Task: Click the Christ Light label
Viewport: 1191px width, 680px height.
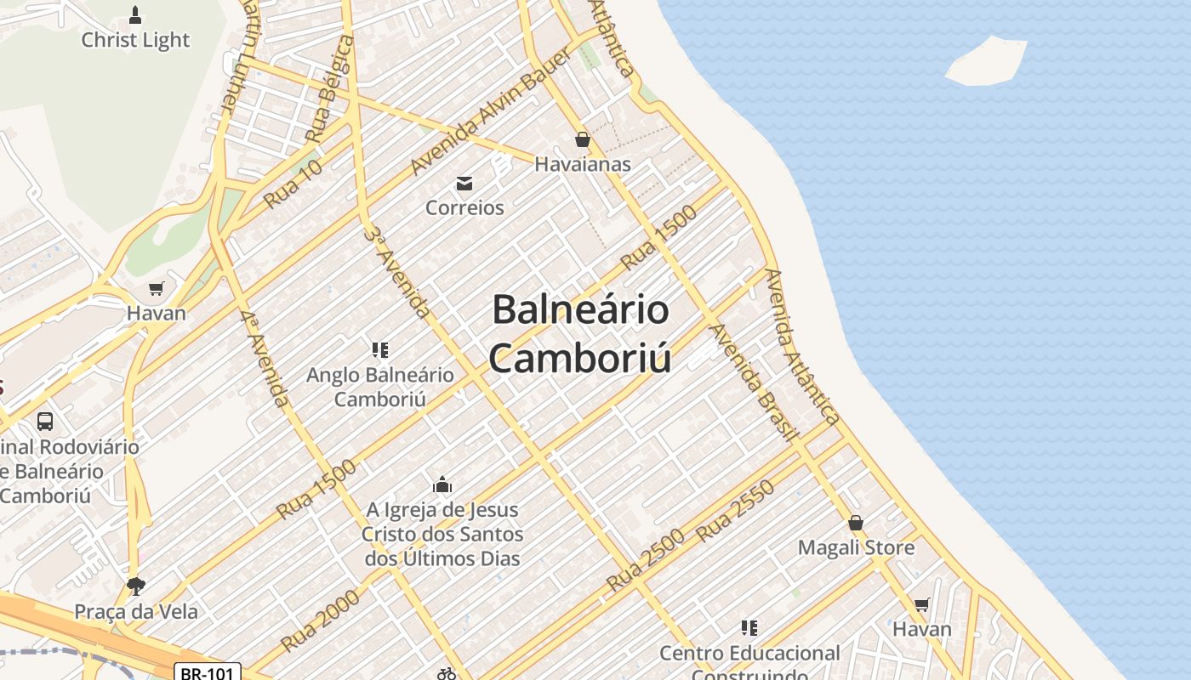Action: pos(135,40)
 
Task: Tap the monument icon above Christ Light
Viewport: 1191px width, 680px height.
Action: pos(135,14)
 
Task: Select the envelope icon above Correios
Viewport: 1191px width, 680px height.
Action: pos(464,183)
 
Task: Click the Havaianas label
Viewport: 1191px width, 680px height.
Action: pos(583,164)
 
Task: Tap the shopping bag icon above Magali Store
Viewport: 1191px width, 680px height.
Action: pos(856,523)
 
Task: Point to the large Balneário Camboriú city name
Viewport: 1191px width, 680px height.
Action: pos(580,333)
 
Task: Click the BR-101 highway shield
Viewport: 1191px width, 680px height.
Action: pos(208,672)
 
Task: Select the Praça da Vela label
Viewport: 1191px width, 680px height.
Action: pos(136,611)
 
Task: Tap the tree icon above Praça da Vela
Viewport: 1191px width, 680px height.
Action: pos(135,586)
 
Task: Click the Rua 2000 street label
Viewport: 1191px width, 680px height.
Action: pos(321,620)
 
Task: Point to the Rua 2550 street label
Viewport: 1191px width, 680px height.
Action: pos(736,511)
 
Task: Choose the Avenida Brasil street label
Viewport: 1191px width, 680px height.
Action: pos(755,382)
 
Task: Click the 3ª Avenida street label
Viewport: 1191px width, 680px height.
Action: pos(396,272)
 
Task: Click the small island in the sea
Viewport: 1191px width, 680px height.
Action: pos(987,61)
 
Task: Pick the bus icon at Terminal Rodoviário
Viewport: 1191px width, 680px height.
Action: pos(45,421)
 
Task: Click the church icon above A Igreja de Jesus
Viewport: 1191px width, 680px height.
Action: pos(442,485)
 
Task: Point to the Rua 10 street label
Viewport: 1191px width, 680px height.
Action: pos(293,184)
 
